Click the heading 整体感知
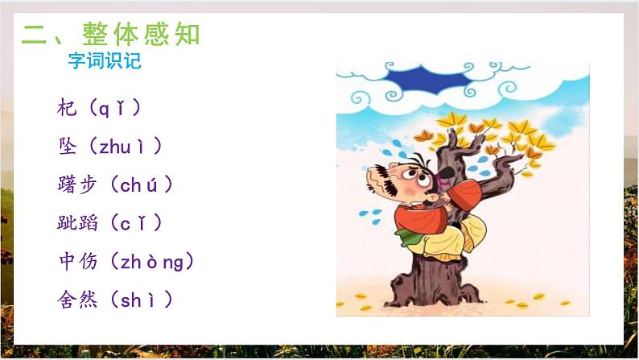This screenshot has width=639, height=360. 140,35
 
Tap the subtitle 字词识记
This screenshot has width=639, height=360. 104,61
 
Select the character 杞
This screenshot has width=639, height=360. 68,107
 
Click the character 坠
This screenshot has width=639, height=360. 68,146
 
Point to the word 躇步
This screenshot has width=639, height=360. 77,184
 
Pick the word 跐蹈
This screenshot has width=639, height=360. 77,223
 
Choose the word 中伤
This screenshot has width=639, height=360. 77,262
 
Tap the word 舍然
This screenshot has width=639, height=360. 77,300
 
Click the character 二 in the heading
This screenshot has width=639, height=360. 36,35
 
